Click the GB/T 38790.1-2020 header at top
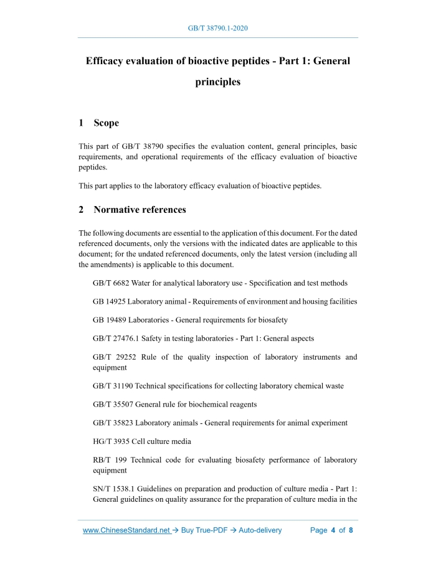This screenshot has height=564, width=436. point(218,29)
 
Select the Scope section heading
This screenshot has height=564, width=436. point(107,123)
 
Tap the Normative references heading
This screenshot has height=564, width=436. point(140,209)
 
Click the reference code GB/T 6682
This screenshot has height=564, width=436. point(113,283)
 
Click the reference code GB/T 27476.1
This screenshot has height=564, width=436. point(116,339)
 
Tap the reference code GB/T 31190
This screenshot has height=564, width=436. point(113,386)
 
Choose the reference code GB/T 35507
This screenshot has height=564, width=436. point(113,404)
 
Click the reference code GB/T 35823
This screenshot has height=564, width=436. point(113,423)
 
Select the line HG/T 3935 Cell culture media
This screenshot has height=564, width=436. point(141,441)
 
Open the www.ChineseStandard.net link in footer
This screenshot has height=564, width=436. point(126,530)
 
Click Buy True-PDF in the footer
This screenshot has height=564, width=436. point(206,530)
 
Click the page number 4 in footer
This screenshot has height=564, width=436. point(333,530)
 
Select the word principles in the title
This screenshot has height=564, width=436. point(218,82)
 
